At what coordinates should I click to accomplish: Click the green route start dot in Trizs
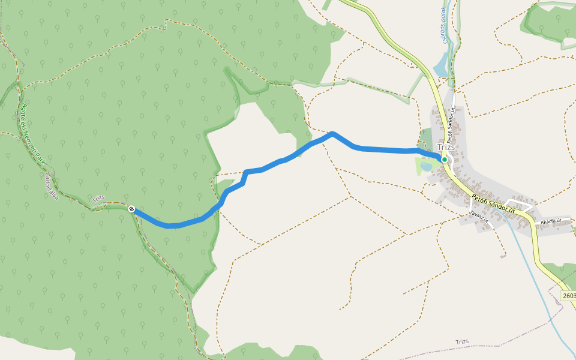coord(445,160)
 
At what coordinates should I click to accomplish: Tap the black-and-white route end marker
coord(131,209)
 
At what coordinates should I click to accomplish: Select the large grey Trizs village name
coord(446,148)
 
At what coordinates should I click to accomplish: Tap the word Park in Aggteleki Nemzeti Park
coord(41,160)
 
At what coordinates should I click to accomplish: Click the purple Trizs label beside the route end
coord(98,199)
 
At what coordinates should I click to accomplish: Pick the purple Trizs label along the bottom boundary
coord(461,342)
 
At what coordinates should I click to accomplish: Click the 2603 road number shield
coord(569,296)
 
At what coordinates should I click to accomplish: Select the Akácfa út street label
coord(550,221)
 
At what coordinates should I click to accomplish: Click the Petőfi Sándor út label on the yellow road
coord(493,203)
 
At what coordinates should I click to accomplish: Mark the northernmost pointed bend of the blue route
coord(332,133)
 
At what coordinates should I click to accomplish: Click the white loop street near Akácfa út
coord(520,204)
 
